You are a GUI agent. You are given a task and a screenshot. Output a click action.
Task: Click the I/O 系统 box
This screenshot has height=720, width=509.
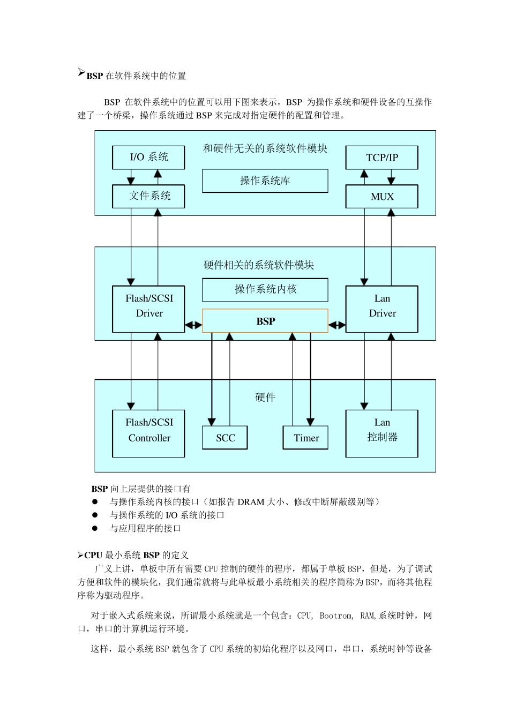(x=148, y=157)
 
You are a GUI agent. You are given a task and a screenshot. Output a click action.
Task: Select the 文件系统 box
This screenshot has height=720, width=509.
(x=148, y=196)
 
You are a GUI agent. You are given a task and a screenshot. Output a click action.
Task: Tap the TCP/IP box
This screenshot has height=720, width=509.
(x=381, y=157)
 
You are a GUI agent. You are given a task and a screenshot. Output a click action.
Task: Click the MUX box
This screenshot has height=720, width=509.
(x=381, y=197)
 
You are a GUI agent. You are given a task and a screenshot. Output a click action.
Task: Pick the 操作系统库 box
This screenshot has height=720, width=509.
(x=265, y=181)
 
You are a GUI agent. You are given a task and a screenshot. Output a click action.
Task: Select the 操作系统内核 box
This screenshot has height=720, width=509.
(x=265, y=290)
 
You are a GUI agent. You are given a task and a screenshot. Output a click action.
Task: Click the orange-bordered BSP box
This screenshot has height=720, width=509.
(x=265, y=321)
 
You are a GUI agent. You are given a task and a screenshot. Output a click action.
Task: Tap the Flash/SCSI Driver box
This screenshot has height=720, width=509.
(x=148, y=309)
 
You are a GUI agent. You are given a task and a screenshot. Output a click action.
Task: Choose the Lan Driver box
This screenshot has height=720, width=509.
(x=381, y=309)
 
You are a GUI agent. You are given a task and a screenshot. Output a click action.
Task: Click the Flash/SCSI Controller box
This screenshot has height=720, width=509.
(x=148, y=433)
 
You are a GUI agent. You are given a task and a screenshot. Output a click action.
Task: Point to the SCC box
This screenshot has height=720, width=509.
(x=225, y=438)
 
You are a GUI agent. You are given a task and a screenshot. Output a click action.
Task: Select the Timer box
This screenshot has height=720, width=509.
(x=305, y=438)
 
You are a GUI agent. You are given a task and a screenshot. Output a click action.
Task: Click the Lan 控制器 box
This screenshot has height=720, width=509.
(x=381, y=433)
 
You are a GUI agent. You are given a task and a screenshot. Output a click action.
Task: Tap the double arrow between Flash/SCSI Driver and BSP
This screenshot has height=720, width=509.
(x=193, y=325)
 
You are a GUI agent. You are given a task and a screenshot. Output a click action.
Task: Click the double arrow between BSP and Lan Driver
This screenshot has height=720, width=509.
(x=337, y=325)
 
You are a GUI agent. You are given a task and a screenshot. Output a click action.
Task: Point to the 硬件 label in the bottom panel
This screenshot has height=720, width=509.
(x=265, y=397)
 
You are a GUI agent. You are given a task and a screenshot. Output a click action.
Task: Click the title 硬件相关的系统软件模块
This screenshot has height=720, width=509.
(x=259, y=265)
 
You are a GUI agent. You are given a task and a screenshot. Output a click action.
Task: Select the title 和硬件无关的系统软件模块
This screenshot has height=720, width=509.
(x=265, y=149)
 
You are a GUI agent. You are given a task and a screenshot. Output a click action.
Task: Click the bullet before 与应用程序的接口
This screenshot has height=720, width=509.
(x=95, y=528)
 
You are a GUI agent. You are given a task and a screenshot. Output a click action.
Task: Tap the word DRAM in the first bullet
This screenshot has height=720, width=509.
(x=251, y=502)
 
